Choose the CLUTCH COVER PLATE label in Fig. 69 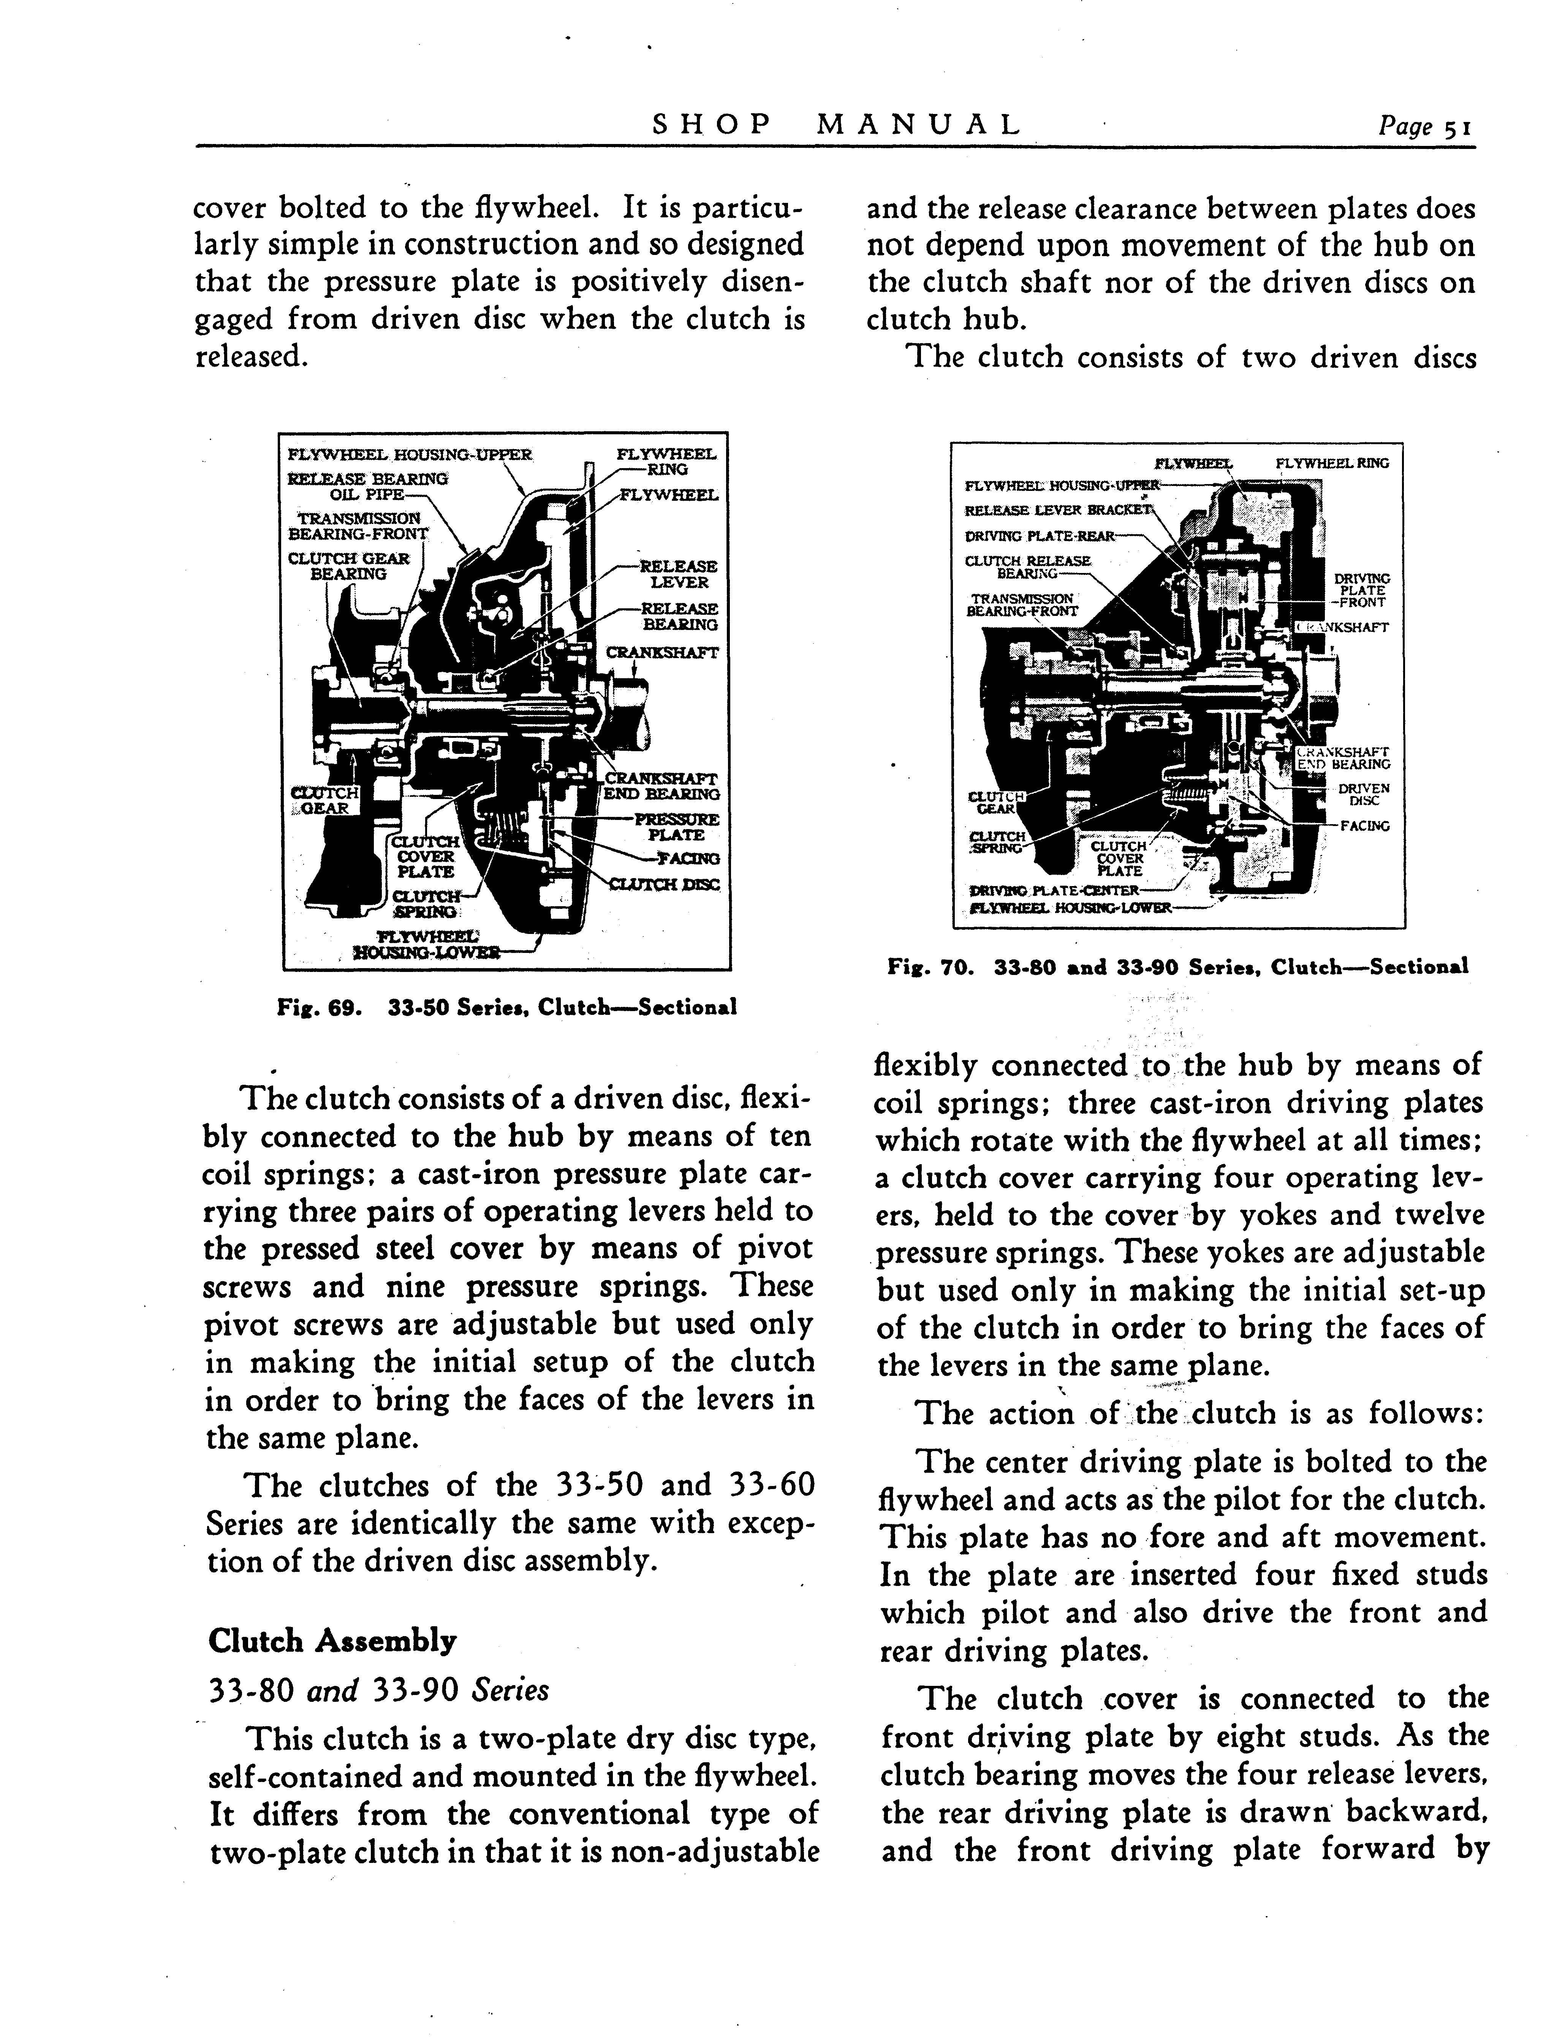(x=426, y=857)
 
